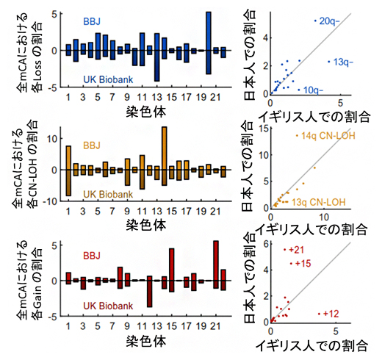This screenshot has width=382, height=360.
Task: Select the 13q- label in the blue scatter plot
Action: point(342,62)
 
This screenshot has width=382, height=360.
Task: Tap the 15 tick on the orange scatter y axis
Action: point(263,129)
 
